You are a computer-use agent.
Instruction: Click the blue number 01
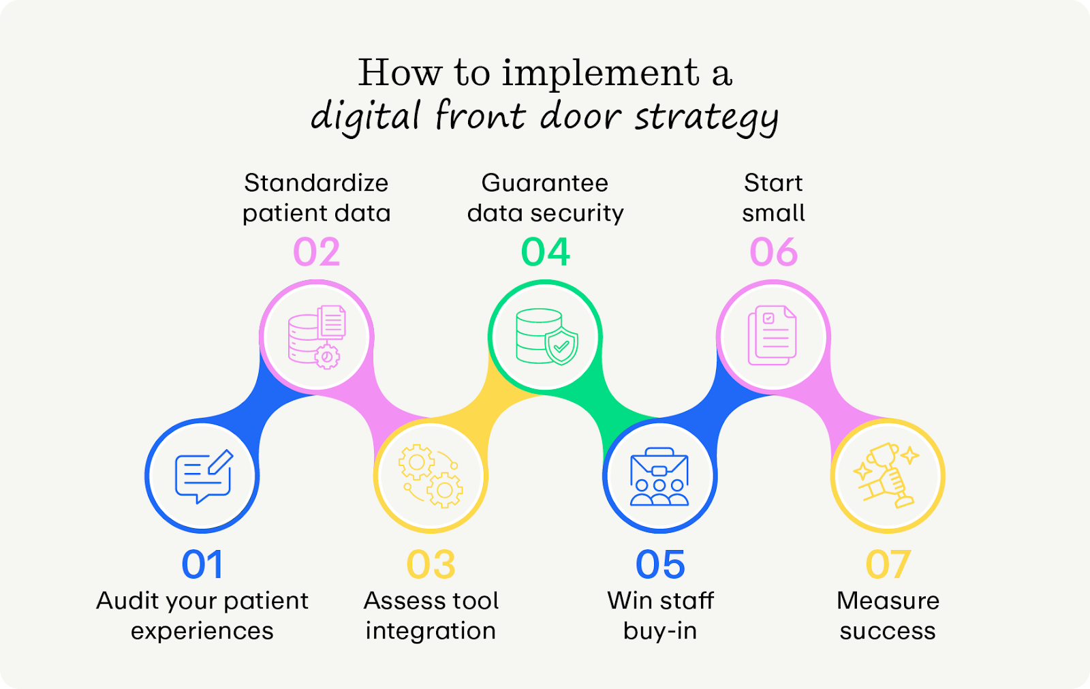point(202,565)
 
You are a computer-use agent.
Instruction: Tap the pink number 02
point(316,253)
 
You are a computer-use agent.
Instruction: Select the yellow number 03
point(431,565)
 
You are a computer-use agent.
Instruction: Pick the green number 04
point(545,253)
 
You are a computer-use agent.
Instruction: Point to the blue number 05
point(659,565)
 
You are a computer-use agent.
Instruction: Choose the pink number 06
point(773,253)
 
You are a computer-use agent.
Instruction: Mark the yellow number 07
point(888,565)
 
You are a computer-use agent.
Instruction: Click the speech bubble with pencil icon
point(203,476)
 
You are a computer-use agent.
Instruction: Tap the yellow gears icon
point(431,476)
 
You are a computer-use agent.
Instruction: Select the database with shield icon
point(546,337)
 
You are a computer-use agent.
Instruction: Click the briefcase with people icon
point(659,476)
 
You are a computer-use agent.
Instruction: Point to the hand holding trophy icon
point(887,476)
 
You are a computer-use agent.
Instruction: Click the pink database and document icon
point(317,337)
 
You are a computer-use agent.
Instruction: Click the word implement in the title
point(600,73)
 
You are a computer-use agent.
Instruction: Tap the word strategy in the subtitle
point(706,117)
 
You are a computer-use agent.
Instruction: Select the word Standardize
point(316,183)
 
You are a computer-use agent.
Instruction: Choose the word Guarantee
point(544,183)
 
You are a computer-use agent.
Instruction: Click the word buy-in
point(659,631)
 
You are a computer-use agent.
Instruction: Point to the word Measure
point(888,600)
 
